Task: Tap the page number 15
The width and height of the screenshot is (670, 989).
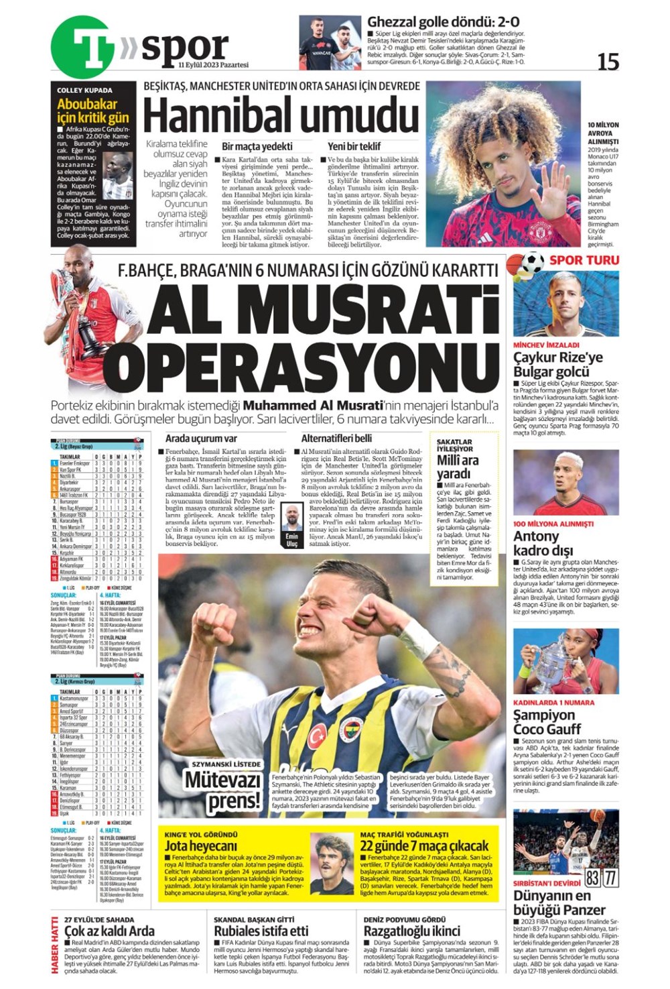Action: click(608, 62)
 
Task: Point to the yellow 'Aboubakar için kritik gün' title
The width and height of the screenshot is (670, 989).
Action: click(93, 111)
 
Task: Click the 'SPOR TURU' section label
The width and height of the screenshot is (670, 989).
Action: click(584, 260)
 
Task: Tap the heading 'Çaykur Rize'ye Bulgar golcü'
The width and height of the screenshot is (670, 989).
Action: click(558, 364)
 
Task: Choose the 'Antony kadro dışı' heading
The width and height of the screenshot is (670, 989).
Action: click(543, 543)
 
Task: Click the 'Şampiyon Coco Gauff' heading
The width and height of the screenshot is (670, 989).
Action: click(547, 721)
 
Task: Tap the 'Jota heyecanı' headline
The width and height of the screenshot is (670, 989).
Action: click(201, 846)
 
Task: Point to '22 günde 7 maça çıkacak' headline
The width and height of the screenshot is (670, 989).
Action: click(425, 846)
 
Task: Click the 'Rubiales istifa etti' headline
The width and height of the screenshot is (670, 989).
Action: click(261, 931)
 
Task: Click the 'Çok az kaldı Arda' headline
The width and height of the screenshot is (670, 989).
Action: click(110, 931)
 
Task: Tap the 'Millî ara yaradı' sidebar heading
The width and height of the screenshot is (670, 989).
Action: click(458, 467)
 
